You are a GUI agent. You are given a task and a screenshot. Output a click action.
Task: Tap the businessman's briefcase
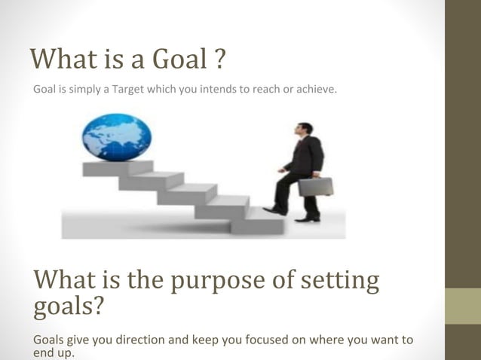[315, 186]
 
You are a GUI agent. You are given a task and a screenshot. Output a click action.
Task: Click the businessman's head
[304, 130]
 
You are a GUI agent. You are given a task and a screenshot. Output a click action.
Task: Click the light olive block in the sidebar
[463, 306]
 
